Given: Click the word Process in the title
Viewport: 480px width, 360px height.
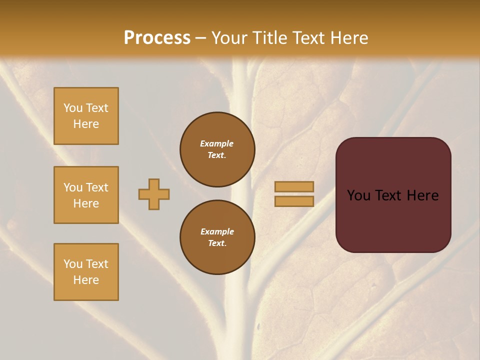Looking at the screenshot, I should [x=157, y=38].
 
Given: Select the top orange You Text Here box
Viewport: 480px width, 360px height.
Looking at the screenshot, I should [x=86, y=116].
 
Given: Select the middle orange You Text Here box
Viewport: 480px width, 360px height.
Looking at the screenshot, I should [x=86, y=195].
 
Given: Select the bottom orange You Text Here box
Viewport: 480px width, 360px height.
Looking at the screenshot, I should [x=86, y=272].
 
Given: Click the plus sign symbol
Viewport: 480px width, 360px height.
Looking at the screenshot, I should [x=154, y=194].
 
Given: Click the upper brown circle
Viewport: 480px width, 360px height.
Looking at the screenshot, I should [x=217, y=149].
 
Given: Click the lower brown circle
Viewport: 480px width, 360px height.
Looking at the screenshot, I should [x=217, y=237].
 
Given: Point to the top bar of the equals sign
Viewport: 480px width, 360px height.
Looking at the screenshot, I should [x=294, y=186].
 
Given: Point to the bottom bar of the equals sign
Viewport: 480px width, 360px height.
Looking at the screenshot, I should [x=294, y=201].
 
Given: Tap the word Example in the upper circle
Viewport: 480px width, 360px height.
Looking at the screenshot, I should [x=217, y=143].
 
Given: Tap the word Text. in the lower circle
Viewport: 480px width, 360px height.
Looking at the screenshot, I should [x=217, y=243].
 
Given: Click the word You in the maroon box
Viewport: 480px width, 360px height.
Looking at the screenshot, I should [x=358, y=195].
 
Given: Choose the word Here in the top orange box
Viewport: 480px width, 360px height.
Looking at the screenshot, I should [x=86, y=124].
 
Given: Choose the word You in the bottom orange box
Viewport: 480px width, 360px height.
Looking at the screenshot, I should [x=73, y=264].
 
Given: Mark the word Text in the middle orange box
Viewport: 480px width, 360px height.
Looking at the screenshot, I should [x=96, y=187].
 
